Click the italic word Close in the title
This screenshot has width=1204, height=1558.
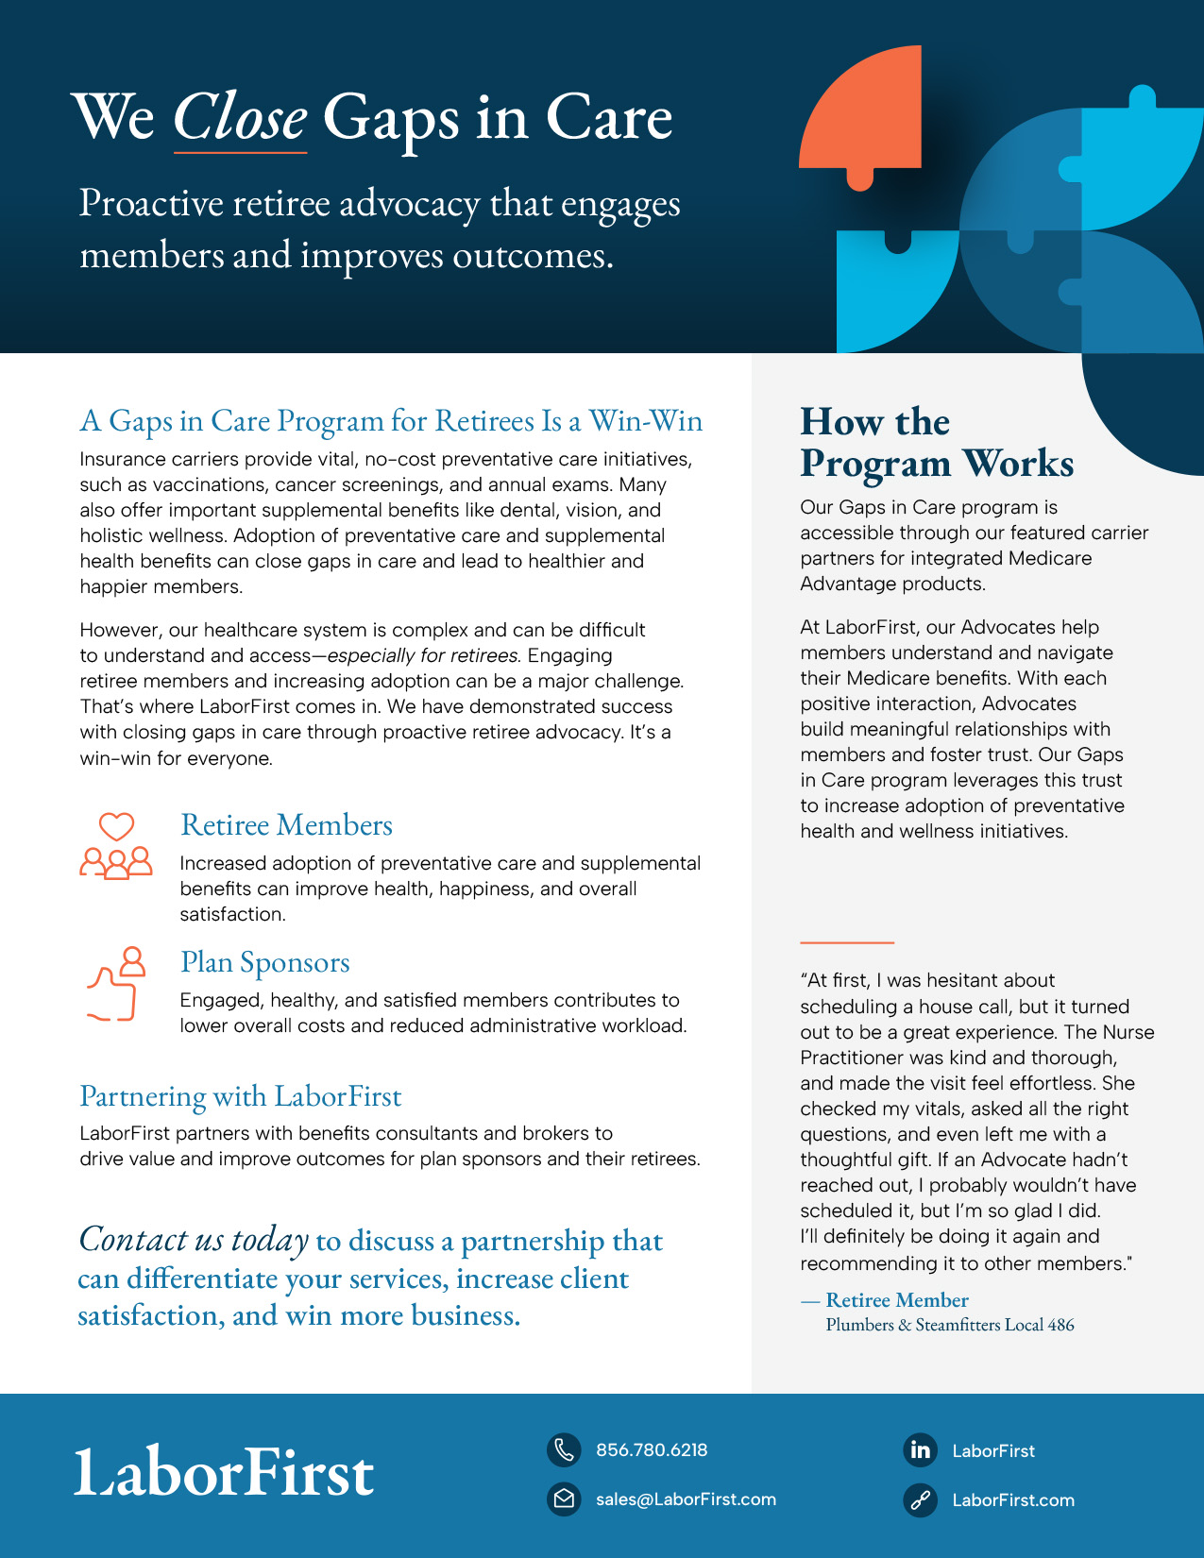coord(240,117)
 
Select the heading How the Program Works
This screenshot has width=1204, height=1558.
coord(937,442)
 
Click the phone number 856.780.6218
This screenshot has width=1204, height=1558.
coord(652,1449)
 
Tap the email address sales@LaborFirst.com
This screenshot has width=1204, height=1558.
coord(686,1499)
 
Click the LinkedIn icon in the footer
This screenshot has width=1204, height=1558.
coord(920,1449)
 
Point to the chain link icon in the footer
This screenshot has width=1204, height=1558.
coord(920,1499)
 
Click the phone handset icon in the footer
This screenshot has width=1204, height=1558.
coord(565,1449)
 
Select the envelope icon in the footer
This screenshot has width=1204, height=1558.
coord(565,1499)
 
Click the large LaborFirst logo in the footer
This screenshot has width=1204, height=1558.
coord(224,1471)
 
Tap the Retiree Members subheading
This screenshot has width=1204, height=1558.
coord(286,824)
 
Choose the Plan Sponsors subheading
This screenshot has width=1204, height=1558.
coord(264,962)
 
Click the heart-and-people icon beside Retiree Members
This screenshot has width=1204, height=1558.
coord(116,846)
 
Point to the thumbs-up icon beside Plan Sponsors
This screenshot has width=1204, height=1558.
coord(116,983)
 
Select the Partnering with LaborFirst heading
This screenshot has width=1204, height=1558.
coord(240,1096)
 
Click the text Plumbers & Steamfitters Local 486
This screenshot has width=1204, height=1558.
coord(949,1325)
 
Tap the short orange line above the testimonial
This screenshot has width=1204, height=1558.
coord(847,942)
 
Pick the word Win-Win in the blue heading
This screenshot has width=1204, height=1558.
coord(645,421)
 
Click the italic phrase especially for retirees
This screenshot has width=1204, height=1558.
coord(423,655)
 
